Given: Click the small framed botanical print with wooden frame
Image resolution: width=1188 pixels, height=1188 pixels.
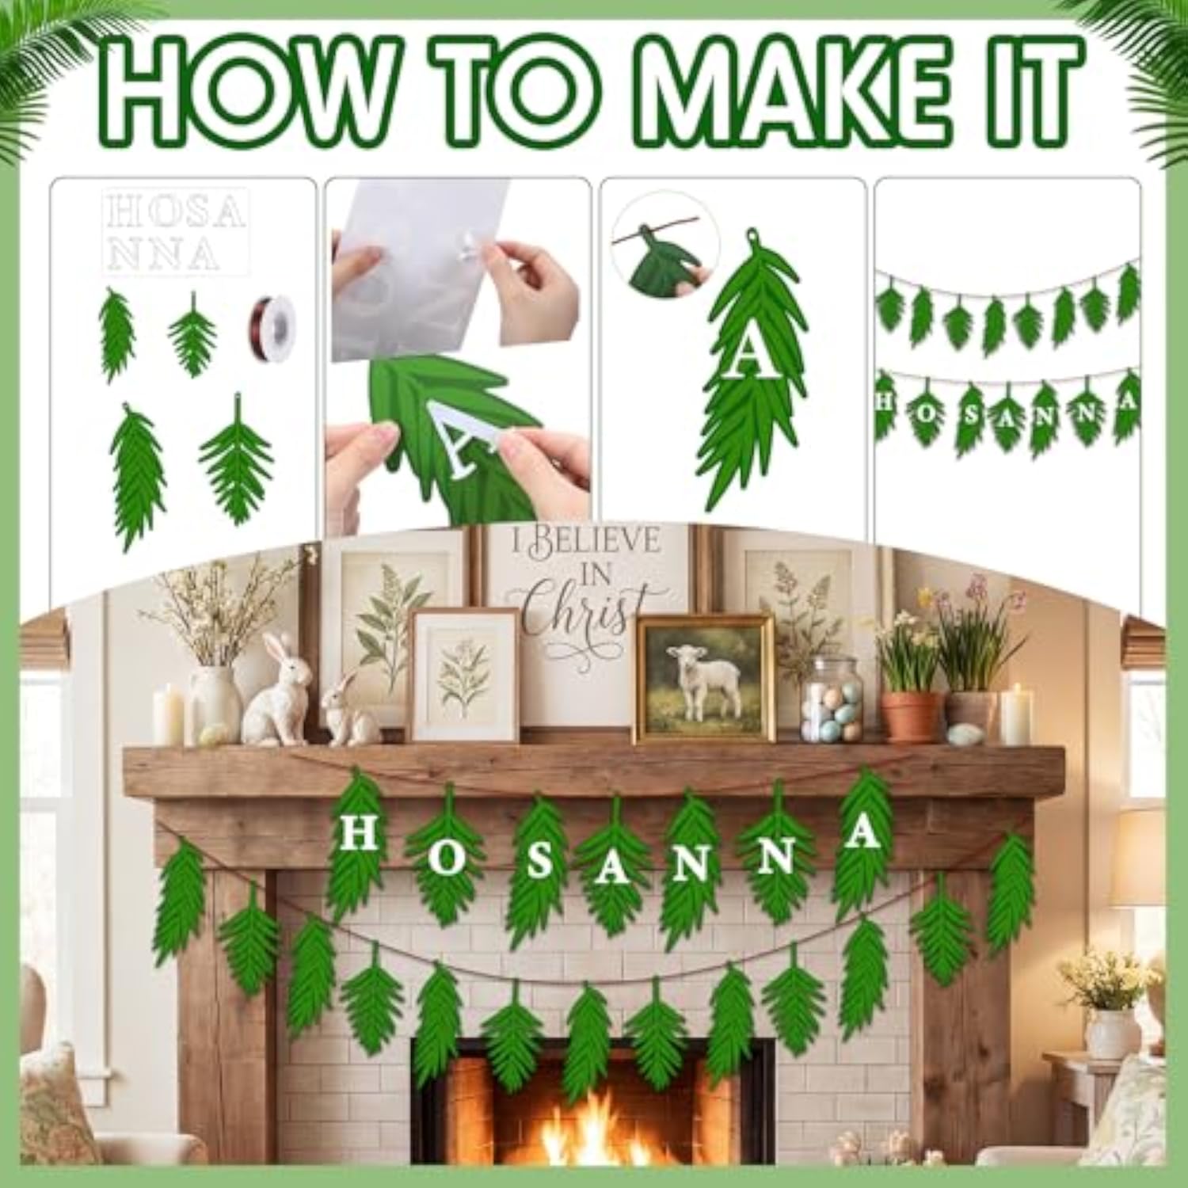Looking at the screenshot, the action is [x=465, y=674].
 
